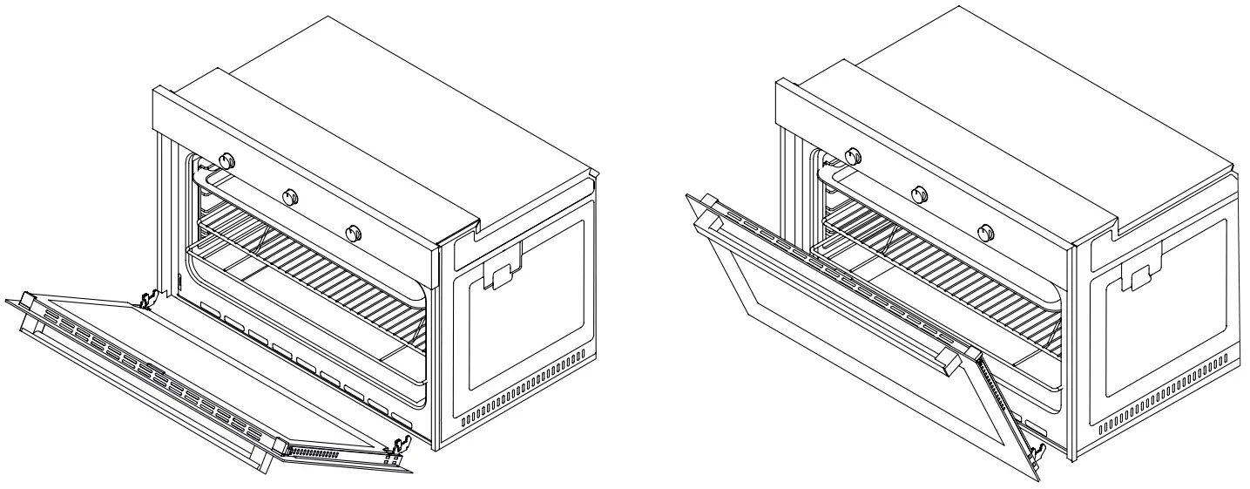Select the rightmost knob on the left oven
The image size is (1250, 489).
pyautogui.click(x=353, y=233)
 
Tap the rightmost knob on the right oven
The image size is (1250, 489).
pyautogui.click(x=984, y=232)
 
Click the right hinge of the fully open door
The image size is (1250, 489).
pyautogui.click(x=397, y=450)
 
